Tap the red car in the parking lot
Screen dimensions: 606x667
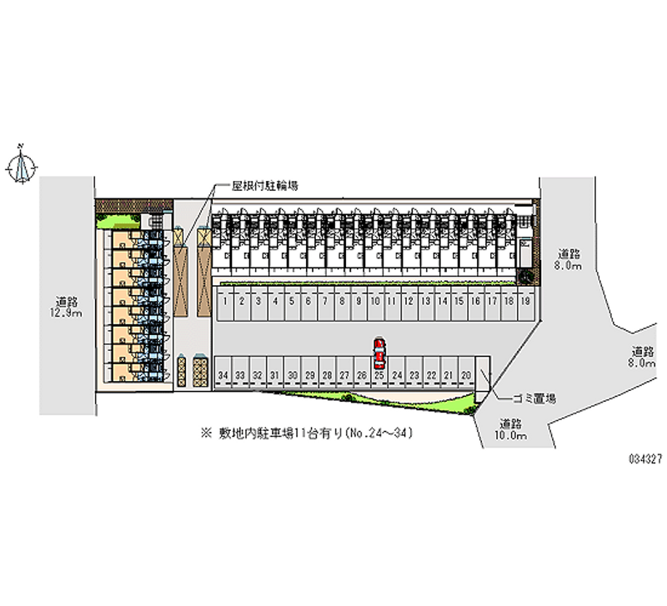[x=379, y=353]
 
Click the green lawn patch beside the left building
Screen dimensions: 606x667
[x=117, y=220]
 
